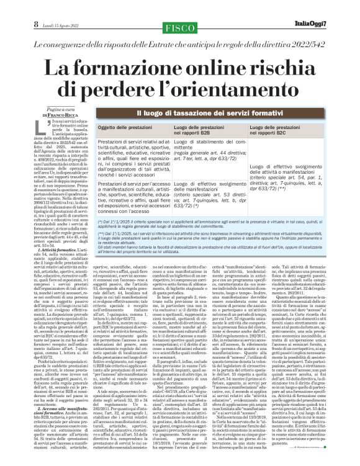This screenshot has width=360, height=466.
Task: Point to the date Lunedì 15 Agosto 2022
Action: click(x=59, y=9)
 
